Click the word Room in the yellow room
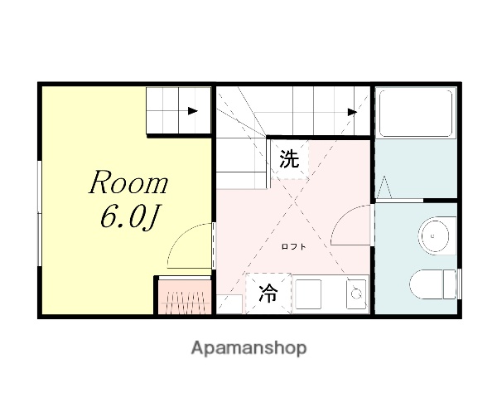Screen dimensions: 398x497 [x=128, y=183]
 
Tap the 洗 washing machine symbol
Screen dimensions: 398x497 [x=288, y=159]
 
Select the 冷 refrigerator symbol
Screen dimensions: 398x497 [x=268, y=294]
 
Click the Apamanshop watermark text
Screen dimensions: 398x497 [x=248, y=348]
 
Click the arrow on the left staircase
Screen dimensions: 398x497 [x=193, y=110]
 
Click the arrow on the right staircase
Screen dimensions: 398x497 [x=352, y=111]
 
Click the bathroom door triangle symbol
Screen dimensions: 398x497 [x=386, y=187]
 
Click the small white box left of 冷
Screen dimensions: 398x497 [x=229, y=303]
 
